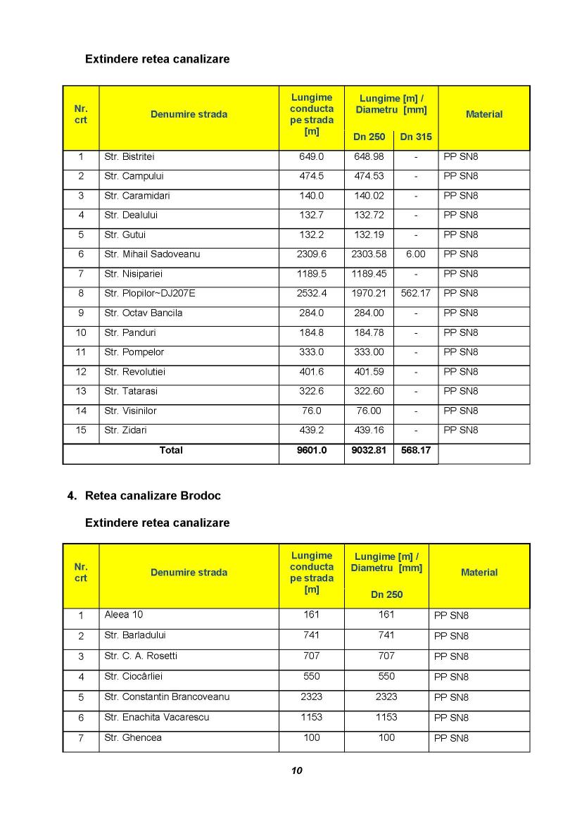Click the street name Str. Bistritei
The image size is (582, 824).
129,156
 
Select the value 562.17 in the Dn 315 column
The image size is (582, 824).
415,293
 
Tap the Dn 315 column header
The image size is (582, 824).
416,137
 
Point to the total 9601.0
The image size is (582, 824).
312,450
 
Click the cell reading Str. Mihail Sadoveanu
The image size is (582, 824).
152,254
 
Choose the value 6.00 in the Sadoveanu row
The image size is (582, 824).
415,254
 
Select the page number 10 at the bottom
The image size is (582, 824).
296,770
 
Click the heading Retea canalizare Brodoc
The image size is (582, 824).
153,496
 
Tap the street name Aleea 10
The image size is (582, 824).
123,614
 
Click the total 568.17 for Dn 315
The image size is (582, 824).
415,450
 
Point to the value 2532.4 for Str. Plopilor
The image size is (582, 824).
312,293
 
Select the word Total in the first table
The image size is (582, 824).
171,450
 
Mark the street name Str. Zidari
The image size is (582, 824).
125,430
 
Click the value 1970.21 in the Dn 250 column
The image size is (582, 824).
369,293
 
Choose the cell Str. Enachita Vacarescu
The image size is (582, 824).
156,717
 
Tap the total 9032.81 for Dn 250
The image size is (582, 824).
369,450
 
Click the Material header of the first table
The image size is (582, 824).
484,114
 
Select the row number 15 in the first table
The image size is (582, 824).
81,430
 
